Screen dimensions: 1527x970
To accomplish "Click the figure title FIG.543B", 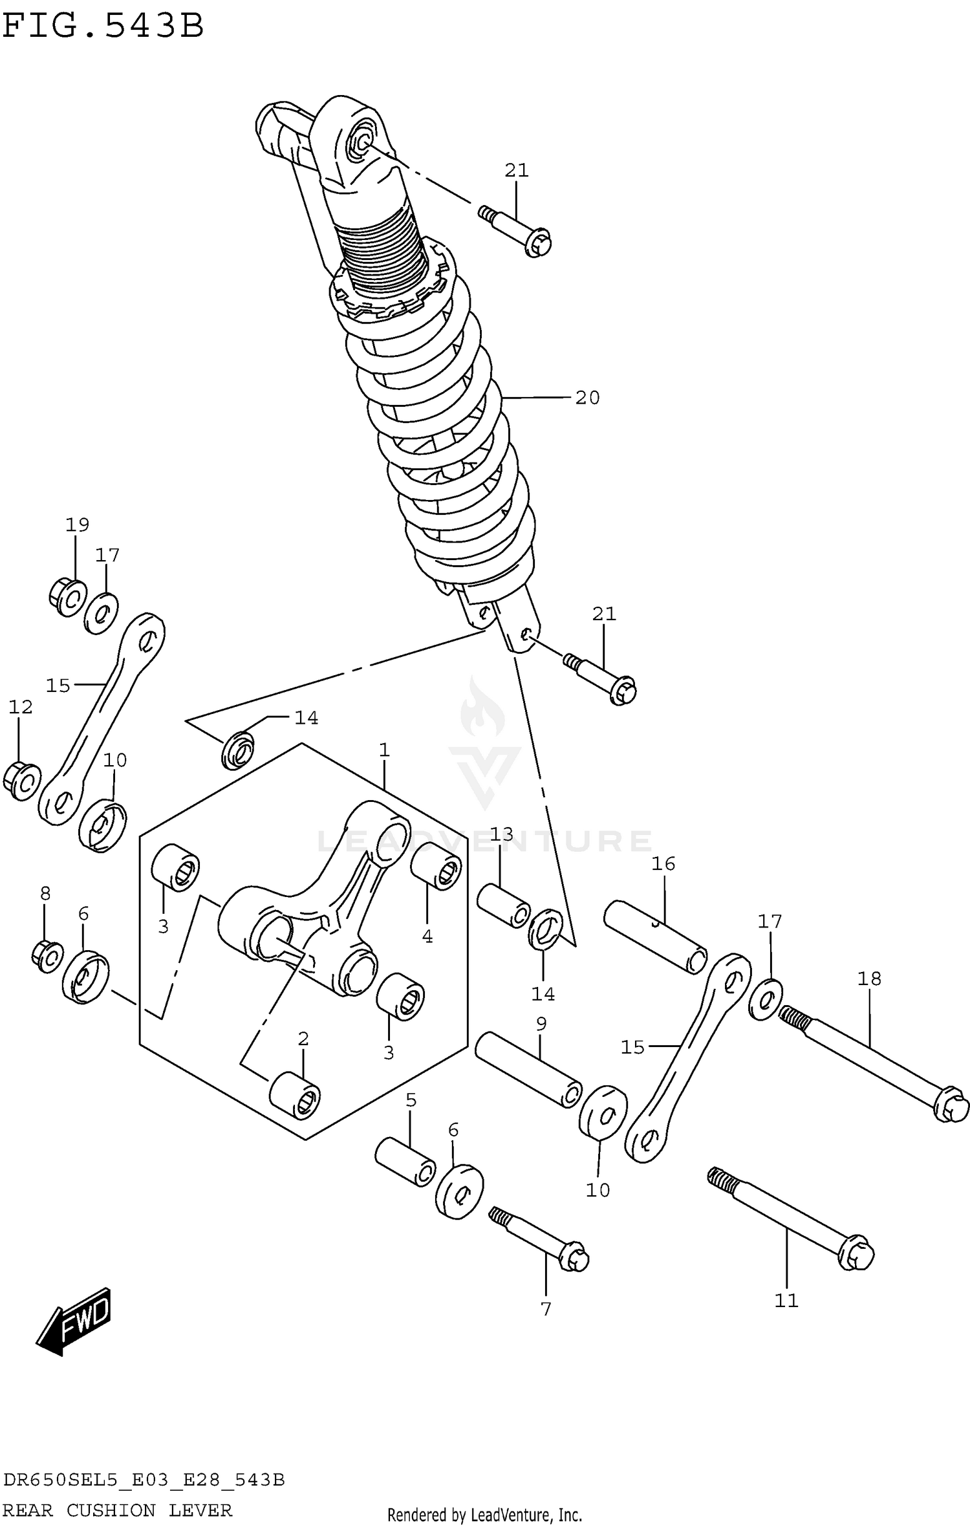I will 103,27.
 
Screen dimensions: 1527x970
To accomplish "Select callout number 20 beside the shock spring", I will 587,398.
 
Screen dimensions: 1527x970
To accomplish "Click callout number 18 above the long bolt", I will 869,979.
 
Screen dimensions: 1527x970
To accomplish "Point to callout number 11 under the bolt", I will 786,1300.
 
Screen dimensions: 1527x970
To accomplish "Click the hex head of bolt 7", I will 574,1258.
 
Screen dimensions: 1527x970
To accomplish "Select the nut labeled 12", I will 21,781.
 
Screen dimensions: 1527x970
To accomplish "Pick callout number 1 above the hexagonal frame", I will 384,750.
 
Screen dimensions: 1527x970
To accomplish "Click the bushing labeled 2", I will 295,1095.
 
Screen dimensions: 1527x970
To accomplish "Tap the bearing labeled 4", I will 436,866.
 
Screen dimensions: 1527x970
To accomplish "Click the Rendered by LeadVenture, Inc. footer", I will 484,1514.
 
